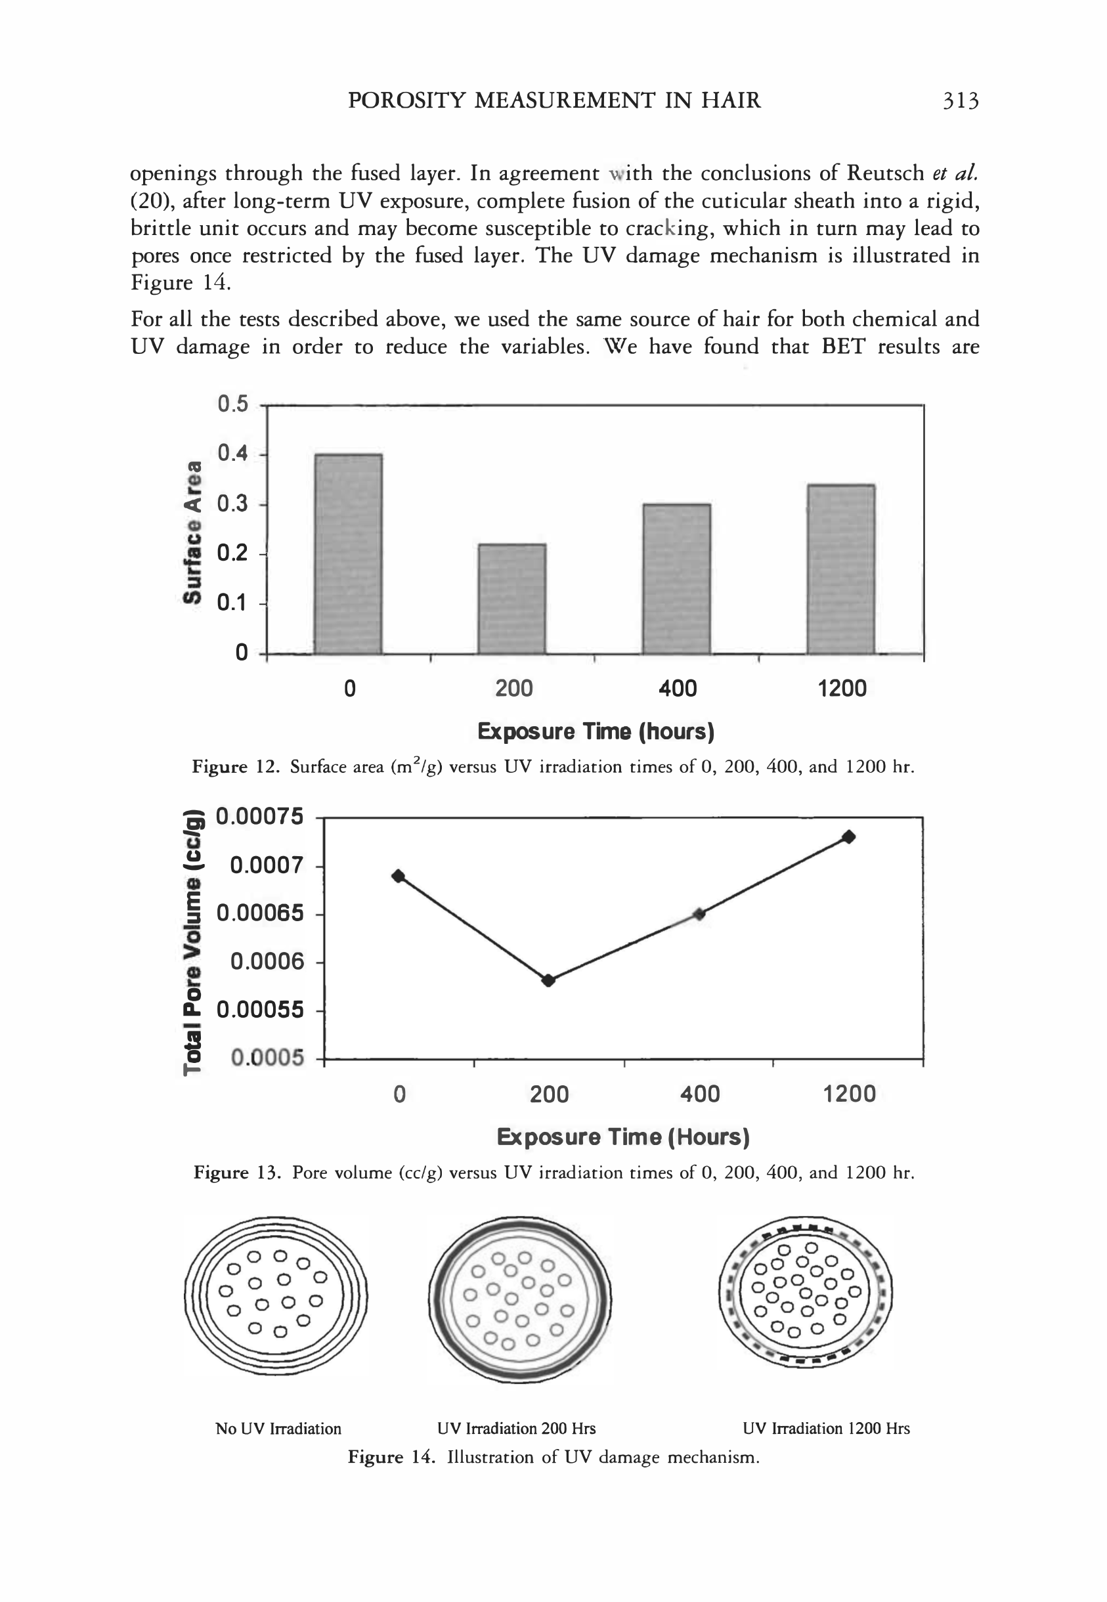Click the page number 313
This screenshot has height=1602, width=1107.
[960, 101]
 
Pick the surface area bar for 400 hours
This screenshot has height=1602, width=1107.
[676, 578]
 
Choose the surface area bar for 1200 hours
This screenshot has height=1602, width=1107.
[840, 569]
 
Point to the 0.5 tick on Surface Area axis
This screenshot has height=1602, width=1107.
[232, 404]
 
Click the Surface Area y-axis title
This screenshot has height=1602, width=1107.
[194, 531]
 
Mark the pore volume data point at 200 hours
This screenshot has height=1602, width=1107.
[548, 980]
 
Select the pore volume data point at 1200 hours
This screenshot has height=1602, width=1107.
[848, 837]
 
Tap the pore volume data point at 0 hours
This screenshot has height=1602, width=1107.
[398, 876]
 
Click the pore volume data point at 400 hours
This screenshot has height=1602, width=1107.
[699, 914]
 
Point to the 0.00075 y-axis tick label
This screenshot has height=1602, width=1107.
[260, 817]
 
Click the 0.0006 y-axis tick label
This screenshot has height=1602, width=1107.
[267, 962]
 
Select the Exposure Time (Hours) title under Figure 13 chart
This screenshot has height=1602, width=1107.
[623, 1137]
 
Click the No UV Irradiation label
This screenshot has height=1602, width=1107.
[278, 1429]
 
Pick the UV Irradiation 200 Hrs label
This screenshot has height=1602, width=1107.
[516, 1429]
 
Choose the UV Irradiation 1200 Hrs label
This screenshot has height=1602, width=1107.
[825, 1429]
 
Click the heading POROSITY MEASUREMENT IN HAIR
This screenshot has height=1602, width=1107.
[553, 101]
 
